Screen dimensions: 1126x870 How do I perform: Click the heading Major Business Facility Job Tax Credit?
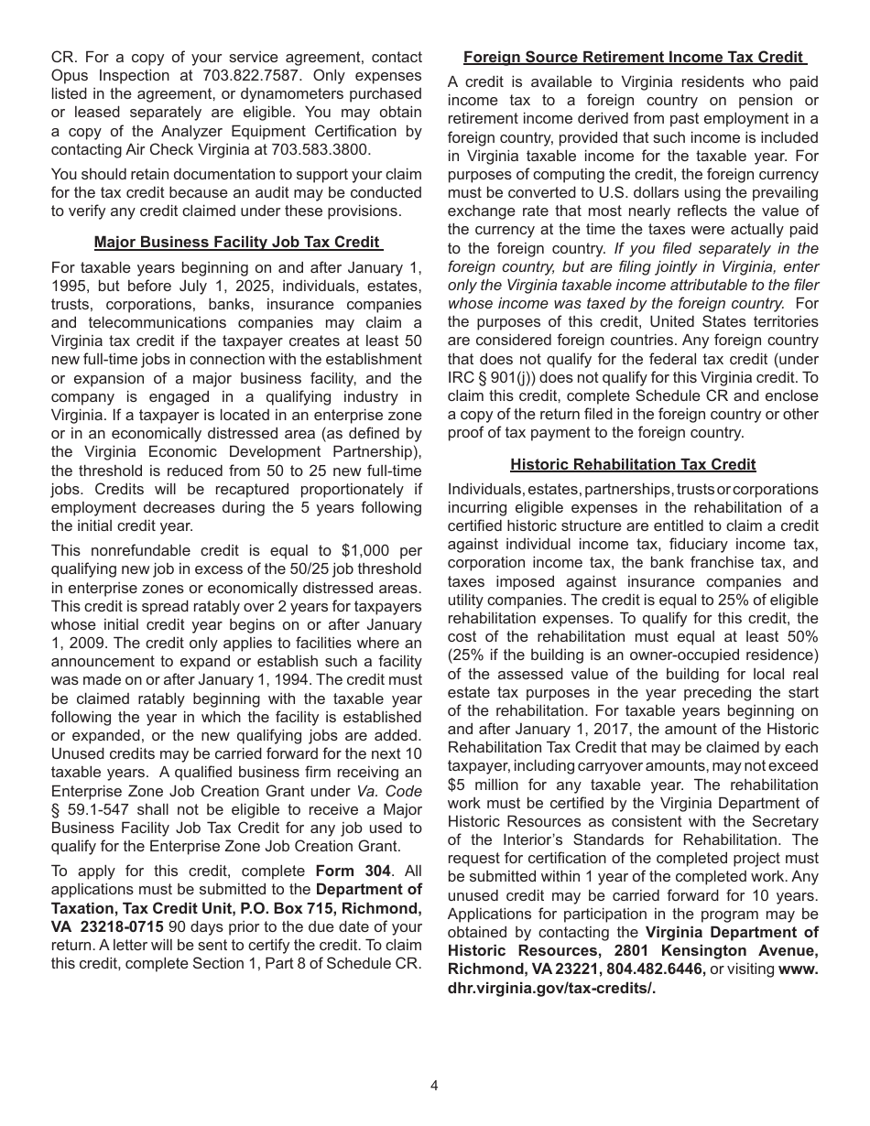coord(236,243)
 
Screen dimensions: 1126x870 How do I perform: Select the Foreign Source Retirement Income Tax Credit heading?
coord(633,57)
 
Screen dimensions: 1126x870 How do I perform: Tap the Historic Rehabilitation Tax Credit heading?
coord(633,464)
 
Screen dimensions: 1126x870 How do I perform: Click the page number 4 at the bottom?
coord(434,1086)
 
